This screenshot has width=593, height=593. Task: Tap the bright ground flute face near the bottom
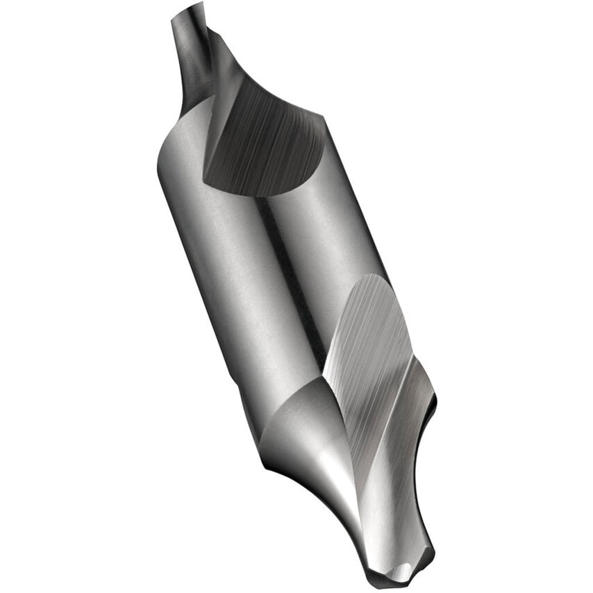(368, 361)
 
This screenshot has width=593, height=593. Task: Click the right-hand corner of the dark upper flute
(323, 125)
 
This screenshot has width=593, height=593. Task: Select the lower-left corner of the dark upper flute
(206, 181)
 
